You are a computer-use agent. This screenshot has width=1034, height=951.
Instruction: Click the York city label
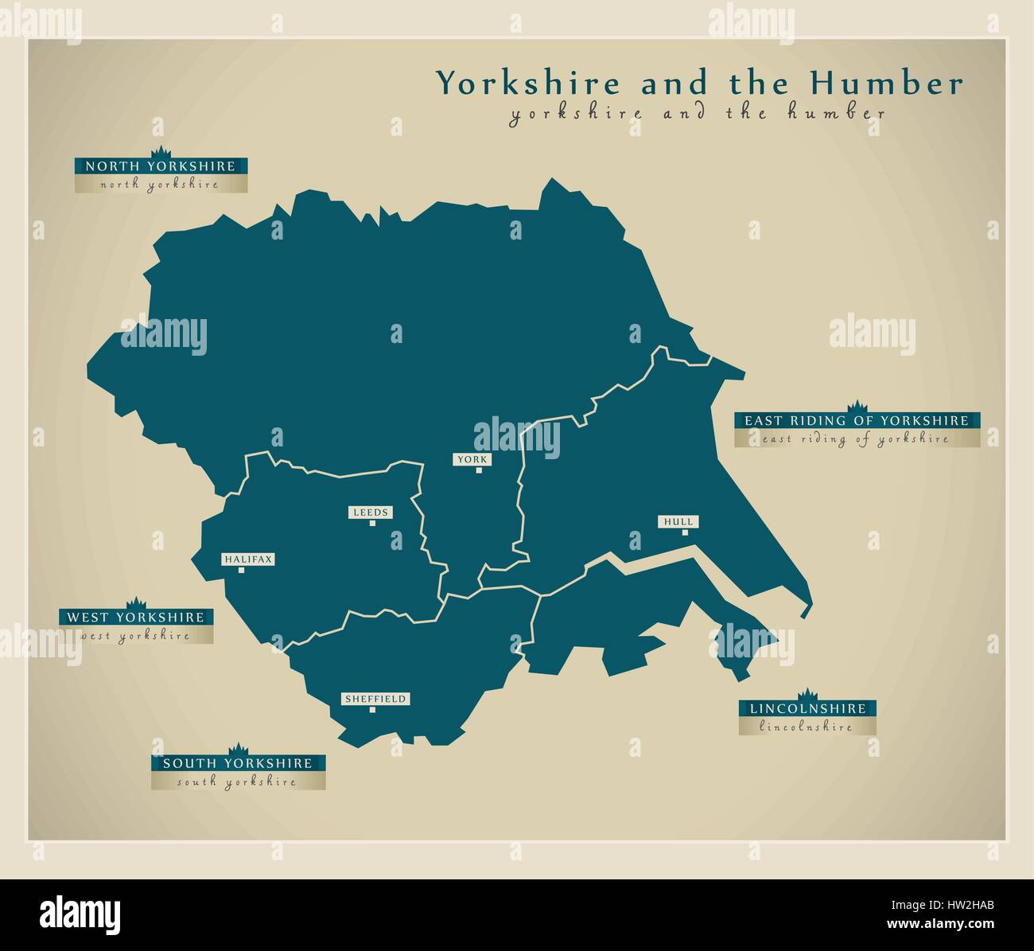pyautogui.click(x=472, y=459)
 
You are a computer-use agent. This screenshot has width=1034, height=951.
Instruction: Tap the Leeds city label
pyautogui.click(x=371, y=512)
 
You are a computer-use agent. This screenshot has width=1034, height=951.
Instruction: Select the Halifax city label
pyautogui.click(x=247, y=559)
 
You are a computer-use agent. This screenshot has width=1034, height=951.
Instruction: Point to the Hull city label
pyautogui.click(x=678, y=521)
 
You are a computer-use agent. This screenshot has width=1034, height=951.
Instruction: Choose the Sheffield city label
pyautogui.click(x=375, y=699)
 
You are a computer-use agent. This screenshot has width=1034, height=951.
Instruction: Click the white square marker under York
pyautogui.click(x=479, y=470)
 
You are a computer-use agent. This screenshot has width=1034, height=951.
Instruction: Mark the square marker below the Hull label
pyautogui.click(x=684, y=532)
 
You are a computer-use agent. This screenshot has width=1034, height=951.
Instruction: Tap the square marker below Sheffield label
pyautogui.click(x=372, y=710)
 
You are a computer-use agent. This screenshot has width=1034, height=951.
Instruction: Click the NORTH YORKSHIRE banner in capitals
pyautogui.click(x=161, y=166)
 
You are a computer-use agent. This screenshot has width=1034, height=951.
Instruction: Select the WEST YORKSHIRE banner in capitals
pyautogui.click(x=135, y=617)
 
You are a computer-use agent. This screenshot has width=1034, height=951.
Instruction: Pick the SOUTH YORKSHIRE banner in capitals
pyautogui.click(x=237, y=763)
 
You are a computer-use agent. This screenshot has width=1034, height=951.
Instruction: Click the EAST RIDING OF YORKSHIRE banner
pyautogui.click(x=856, y=420)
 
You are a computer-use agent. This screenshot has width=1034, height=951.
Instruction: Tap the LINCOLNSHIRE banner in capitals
pyautogui.click(x=807, y=708)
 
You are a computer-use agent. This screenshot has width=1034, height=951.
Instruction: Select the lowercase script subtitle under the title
pyautogui.click(x=698, y=114)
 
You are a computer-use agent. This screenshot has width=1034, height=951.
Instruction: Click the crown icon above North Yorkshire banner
pyautogui.click(x=161, y=152)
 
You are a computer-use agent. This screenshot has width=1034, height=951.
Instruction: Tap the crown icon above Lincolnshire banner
pyautogui.click(x=807, y=694)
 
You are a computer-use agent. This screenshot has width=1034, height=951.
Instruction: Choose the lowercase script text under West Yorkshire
pyautogui.click(x=135, y=636)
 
